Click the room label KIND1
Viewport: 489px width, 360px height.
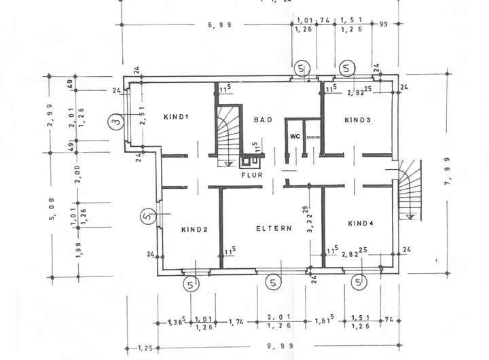[x=176, y=117]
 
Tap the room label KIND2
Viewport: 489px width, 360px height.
[x=194, y=230]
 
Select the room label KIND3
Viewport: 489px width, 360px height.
[x=358, y=120]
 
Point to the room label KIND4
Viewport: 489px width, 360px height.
[x=361, y=223]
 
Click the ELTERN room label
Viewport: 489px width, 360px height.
[x=274, y=228]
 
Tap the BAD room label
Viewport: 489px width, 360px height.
[x=263, y=120]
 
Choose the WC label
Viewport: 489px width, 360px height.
[x=295, y=137]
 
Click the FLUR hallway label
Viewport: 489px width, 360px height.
[x=251, y=175]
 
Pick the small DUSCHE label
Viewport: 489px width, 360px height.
[x=313, y=137]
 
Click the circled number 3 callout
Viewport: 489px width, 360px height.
[x=117, y=122]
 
